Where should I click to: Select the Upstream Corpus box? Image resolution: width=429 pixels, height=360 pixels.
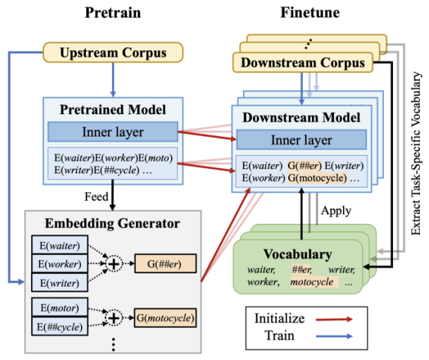(x=113, y=52)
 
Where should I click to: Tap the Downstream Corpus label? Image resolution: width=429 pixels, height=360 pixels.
(x=303, y=63)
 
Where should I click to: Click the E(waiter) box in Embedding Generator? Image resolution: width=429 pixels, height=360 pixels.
(x=58, y=247)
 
